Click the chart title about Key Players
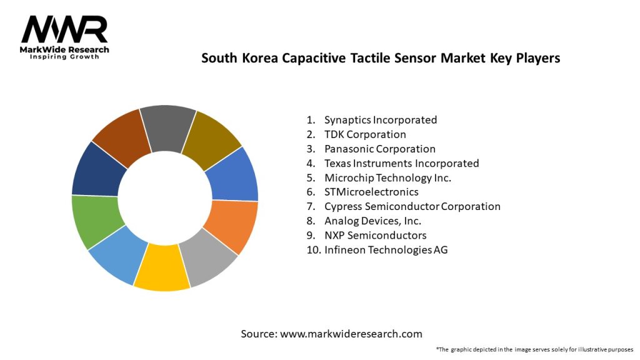pos(380,58)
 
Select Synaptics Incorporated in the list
pos(380,119)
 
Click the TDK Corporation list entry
pos(365,134)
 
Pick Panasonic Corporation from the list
pos(379,149)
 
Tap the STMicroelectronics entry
pos(371,192)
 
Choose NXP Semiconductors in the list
pos(375,235)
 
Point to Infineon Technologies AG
pos(386,249)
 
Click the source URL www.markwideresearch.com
pos(351,334)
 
